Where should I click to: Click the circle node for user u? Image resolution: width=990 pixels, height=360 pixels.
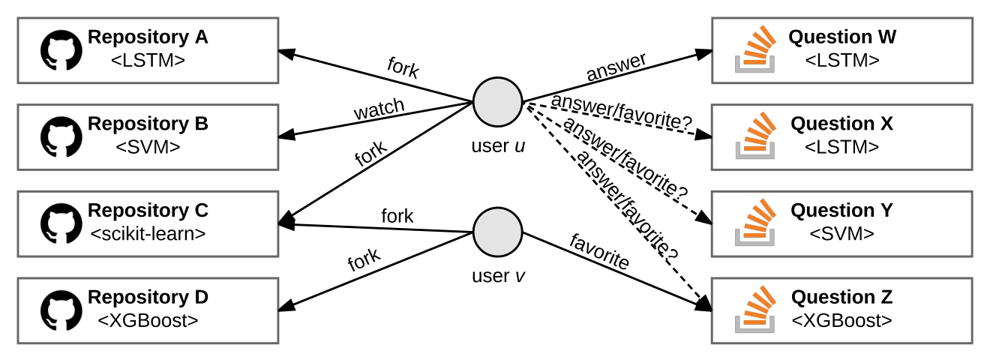(x=498, y=102)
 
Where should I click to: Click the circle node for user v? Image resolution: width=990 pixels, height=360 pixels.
(x=498, y=232)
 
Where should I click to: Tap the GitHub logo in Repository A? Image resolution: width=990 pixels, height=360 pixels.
(x=61, y=50)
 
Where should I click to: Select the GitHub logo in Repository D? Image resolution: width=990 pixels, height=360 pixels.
(x=61, y=310)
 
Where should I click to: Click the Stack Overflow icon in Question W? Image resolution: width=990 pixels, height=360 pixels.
(x=755, y=49)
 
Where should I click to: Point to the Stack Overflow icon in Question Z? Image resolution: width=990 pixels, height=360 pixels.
(x=755, y=309)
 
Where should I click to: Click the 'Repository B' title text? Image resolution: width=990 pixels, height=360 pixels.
(x=148, y=124)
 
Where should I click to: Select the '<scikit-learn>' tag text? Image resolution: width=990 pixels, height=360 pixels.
(x=148, y=234)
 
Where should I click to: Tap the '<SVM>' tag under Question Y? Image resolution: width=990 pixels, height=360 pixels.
(x=842, y=234)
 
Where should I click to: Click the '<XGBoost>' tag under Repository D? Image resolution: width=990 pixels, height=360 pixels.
(x=148, y=320)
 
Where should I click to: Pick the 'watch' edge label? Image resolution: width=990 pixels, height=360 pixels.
(x=379, y=109)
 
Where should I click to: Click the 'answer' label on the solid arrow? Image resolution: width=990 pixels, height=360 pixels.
(x=616, y=67)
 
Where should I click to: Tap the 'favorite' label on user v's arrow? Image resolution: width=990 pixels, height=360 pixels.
(x=599, y=252)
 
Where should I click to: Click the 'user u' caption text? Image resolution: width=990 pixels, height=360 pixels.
(x=498, y=145)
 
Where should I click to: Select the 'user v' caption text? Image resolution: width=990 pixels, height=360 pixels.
(x=498, y=276)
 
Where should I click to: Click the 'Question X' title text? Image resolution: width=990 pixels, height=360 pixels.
(x=841, y=124)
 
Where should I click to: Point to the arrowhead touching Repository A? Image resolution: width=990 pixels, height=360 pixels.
(x=286, y=53)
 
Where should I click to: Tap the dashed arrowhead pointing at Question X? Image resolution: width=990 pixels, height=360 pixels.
(x=703, y=134)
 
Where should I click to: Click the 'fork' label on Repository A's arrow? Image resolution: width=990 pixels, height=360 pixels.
(x=403, y=68)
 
